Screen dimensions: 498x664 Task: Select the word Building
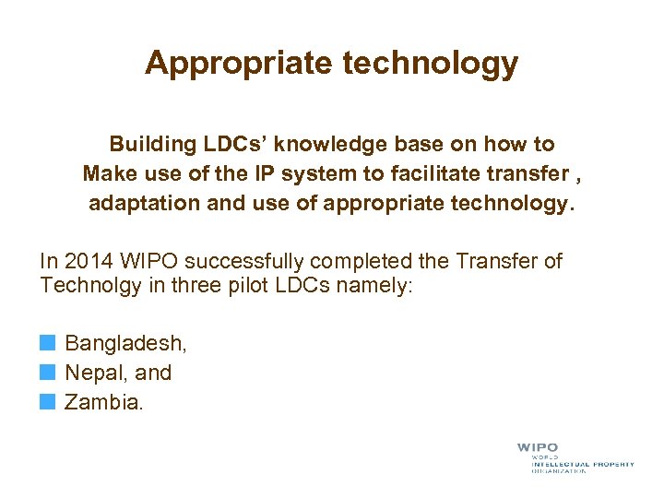148,145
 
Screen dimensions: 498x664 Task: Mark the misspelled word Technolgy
91,286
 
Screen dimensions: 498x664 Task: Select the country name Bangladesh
125,344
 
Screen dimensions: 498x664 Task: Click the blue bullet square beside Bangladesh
47,344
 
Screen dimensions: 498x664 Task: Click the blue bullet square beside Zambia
47,402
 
